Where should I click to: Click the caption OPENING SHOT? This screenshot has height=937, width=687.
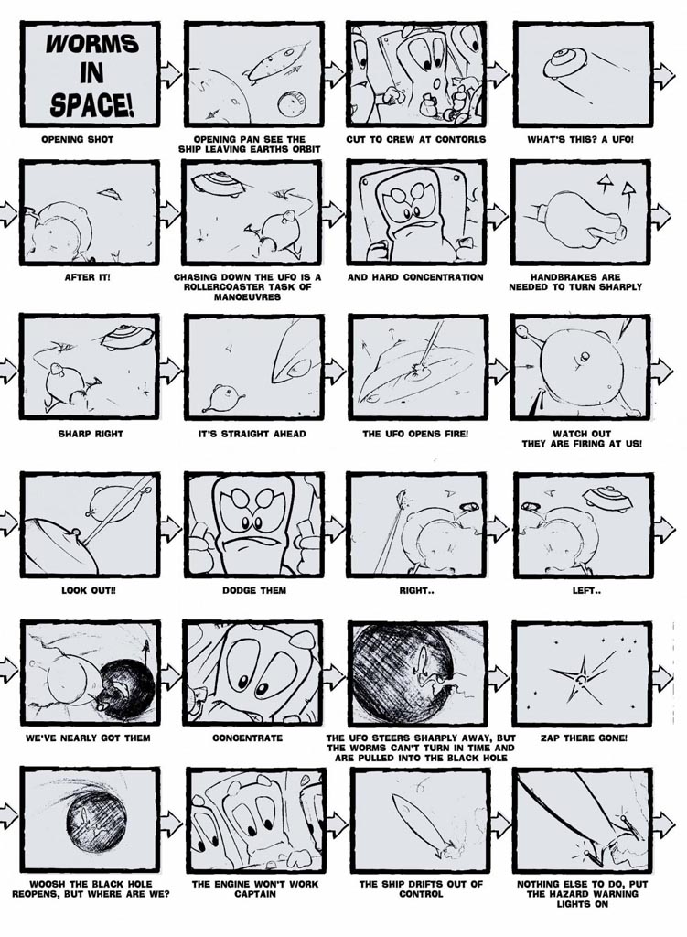point(77,140)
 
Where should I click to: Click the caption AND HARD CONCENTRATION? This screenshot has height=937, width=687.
point(415,277)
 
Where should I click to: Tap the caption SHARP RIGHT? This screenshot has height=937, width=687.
point(91,433)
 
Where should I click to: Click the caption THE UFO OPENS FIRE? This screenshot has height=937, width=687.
point(415,433)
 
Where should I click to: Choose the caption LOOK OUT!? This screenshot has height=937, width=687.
point(89,590)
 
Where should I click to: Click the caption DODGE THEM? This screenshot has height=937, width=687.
point(254,590)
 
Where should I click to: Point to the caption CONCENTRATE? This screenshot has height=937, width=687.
point(247,738)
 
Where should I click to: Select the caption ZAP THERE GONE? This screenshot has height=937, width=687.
point(584,738)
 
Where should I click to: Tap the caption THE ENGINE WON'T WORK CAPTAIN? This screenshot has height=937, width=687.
point(255,889)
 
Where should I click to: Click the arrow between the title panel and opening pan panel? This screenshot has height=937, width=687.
point(171,74)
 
